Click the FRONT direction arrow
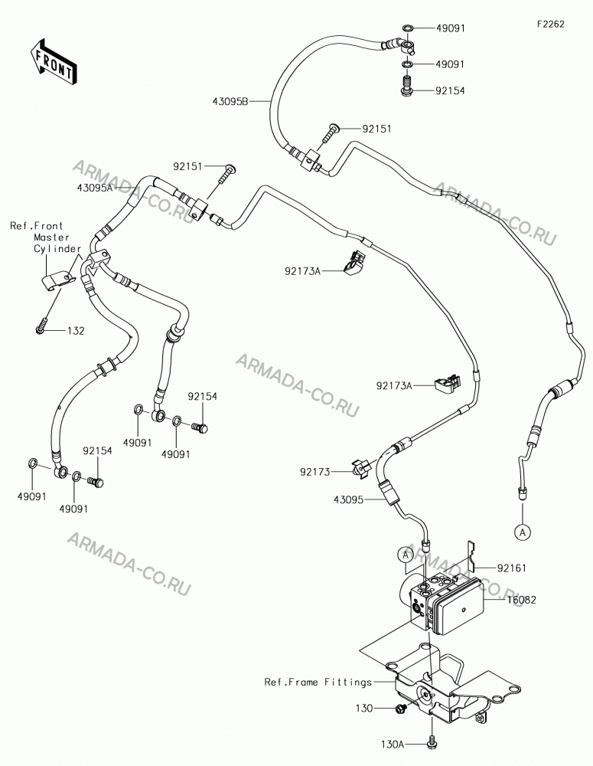click(53, 61)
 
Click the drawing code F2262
click(551, 24)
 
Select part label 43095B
click(230, 102)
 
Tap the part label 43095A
click(94, 187)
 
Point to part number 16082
click(522, 600)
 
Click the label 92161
click(512, 568)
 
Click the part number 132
click(76, 331)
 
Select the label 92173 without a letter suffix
click(314, 472)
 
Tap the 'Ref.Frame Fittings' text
click(318, 682)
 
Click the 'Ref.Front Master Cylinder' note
click(46, 237)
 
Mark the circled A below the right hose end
click(523, 532)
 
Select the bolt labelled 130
click(402, 708)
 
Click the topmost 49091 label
click(450, 28)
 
